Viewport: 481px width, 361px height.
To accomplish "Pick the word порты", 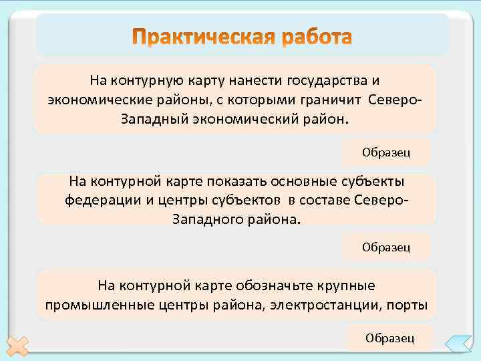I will click(408, 305).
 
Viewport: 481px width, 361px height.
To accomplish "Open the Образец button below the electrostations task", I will click(389, 338).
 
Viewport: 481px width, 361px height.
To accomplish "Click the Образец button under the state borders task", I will click(386, 153).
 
